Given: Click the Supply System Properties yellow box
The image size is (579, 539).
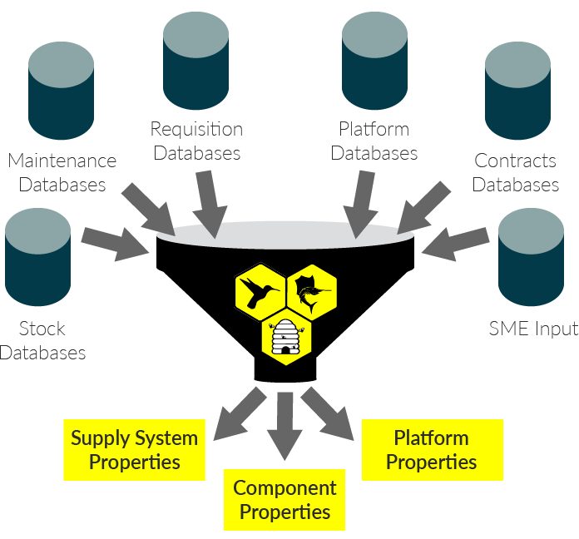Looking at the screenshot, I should point(134,449).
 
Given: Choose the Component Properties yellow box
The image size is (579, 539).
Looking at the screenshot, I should point(285,499).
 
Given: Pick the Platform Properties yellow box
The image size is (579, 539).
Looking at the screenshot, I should point(432,449).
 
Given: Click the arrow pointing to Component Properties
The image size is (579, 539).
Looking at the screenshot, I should point(285,424).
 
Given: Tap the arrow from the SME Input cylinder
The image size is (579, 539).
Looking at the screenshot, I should point(457,240).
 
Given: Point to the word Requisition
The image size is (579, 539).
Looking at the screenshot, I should point(196,130).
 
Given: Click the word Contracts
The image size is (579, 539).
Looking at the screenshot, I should point(516,161).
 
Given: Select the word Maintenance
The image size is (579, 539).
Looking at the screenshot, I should point(62,161).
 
